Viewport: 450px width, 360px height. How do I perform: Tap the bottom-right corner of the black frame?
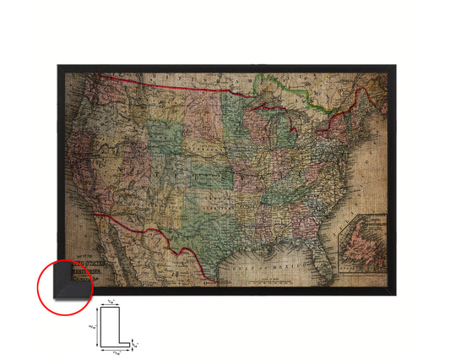click(393, 294)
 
